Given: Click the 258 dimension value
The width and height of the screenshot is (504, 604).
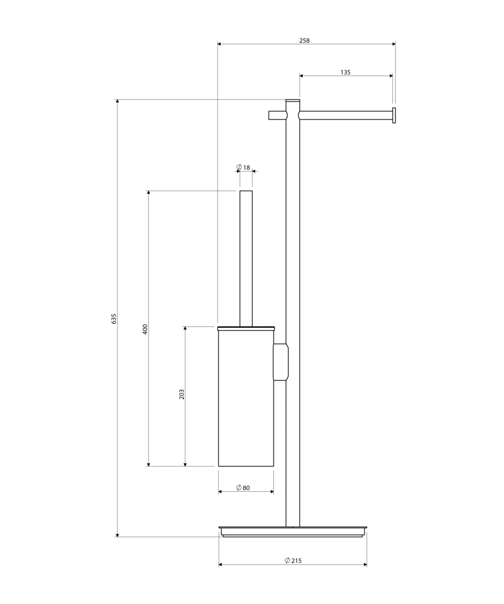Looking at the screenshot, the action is [304, 41].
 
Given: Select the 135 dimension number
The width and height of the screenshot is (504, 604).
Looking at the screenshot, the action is [345, 72].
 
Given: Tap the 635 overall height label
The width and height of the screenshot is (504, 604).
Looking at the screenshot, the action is [114, 319].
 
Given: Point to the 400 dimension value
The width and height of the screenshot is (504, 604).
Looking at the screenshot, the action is [145, 329].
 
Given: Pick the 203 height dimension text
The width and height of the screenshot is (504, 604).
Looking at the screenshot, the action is [182, 394].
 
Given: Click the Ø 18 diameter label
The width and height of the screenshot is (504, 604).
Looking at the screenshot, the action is [243, 167].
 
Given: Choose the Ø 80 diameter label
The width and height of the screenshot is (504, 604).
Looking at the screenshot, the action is [243, 487].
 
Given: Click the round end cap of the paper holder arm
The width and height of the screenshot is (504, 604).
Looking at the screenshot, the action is [394, 116].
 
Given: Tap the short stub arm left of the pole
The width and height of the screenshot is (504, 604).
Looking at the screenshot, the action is [277, 115].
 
